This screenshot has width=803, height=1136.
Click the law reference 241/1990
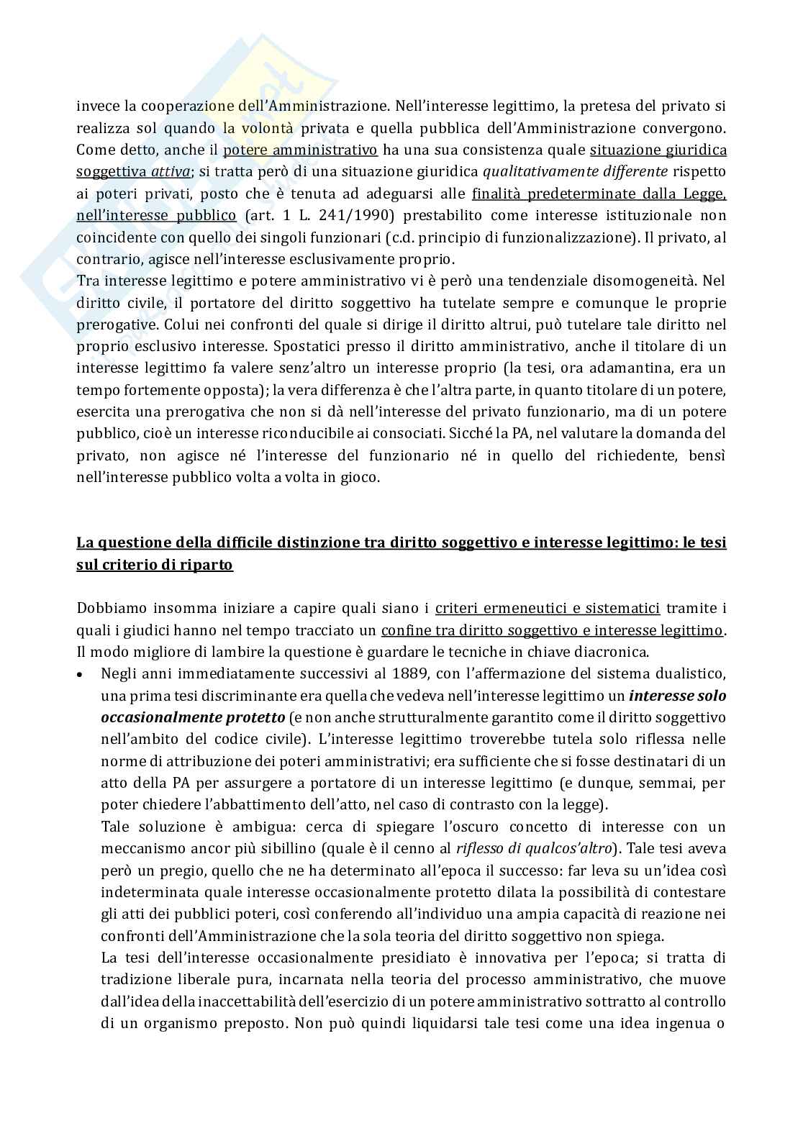point(338,215)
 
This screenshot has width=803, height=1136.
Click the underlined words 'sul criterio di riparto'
point(154,565)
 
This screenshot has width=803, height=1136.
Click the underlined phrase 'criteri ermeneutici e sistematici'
point(548,608)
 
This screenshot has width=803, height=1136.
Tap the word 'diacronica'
point(616,652)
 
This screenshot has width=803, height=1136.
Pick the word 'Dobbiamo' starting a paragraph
point(107,608)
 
